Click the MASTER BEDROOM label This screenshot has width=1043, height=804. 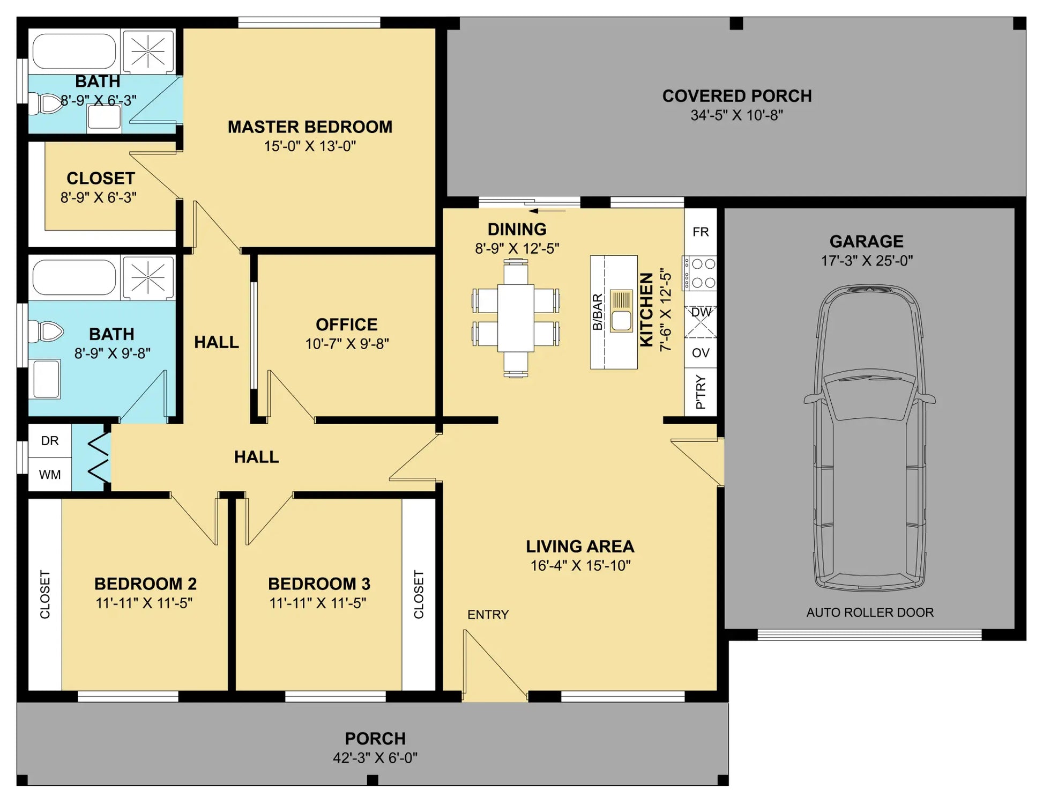(310, 127)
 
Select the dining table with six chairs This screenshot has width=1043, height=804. (516, 318)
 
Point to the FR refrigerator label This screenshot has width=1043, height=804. (701, 232)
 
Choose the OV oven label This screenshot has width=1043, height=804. (701, 353)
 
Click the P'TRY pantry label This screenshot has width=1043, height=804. (701, 392)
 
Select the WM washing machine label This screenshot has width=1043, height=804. (50, 475)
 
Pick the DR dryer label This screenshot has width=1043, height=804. (50, 441)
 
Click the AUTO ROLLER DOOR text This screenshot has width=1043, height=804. (870, 613)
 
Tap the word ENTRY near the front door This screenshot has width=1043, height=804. (488, 615)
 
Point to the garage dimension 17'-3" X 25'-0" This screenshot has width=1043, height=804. (867, 261)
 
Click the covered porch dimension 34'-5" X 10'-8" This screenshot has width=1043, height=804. (736, 115)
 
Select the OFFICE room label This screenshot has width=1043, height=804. (346, 324)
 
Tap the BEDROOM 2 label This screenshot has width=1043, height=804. (145, 584)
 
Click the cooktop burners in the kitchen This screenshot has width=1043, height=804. (699, 273)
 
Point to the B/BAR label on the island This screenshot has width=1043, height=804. (597, 312)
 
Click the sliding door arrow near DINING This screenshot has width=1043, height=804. (547, 211)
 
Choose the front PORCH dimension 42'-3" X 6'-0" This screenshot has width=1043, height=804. (375, 758)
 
